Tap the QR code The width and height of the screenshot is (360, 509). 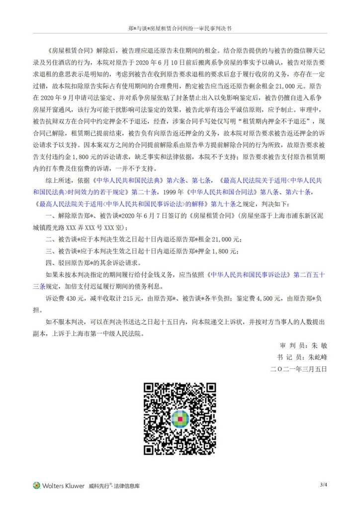[x=180, y=419]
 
